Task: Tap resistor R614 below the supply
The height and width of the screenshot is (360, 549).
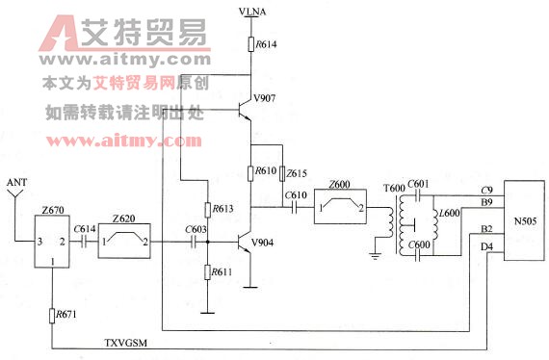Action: click(250, 44)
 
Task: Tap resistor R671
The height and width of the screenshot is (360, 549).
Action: click(50, 314)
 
